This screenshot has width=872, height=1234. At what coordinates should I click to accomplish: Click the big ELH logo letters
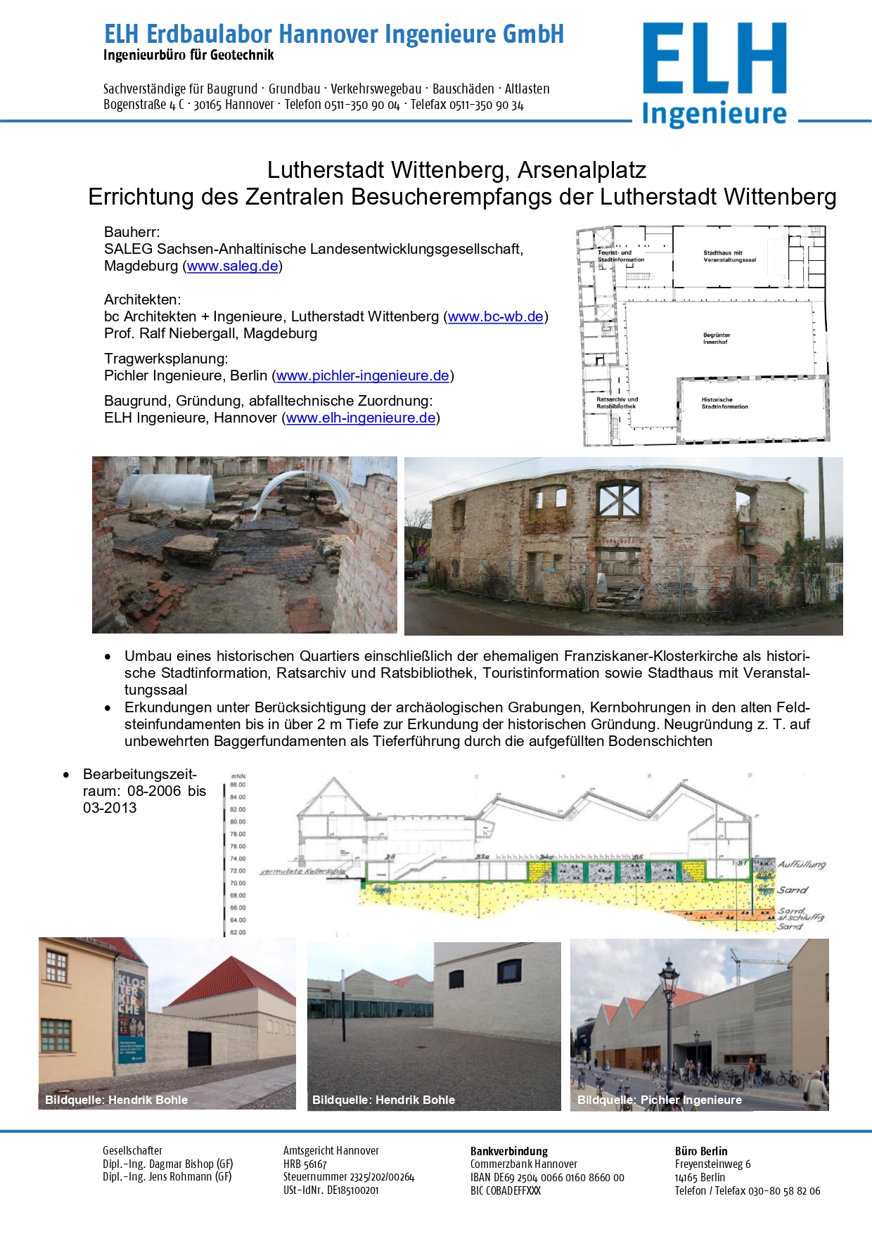coord(714,58)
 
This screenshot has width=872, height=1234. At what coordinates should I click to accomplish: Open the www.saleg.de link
coord(232,266)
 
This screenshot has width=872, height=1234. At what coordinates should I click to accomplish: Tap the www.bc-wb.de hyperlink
coord(495,316)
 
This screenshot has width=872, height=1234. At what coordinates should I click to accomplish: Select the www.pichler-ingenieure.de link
coord(362,375)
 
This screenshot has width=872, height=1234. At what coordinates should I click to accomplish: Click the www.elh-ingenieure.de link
coord(361,418)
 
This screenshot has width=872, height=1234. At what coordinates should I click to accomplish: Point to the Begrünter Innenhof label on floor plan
coord(716,338)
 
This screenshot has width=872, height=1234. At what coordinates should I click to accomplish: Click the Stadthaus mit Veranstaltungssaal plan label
coord(729,256)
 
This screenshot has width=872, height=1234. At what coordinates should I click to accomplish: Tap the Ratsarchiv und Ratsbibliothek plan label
coord(617,402)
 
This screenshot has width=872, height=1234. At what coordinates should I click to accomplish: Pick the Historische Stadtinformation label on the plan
coord(724,403)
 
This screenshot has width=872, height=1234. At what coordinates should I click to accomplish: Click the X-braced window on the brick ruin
coord(618,500)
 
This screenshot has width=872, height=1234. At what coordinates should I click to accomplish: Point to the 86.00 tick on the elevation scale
coord(238,785)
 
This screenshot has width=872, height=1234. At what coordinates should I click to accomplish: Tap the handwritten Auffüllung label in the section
coord(801,864)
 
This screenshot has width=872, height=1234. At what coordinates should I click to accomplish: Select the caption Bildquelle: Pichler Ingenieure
coord(659,1100)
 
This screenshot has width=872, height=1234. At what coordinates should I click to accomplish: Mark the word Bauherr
coord(132,232)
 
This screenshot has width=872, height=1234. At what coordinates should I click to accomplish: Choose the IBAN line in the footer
coord(546,1178)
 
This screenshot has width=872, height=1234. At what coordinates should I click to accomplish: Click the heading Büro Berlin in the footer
coord(700,1151)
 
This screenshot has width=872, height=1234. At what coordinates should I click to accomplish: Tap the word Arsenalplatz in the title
coord(582,170)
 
